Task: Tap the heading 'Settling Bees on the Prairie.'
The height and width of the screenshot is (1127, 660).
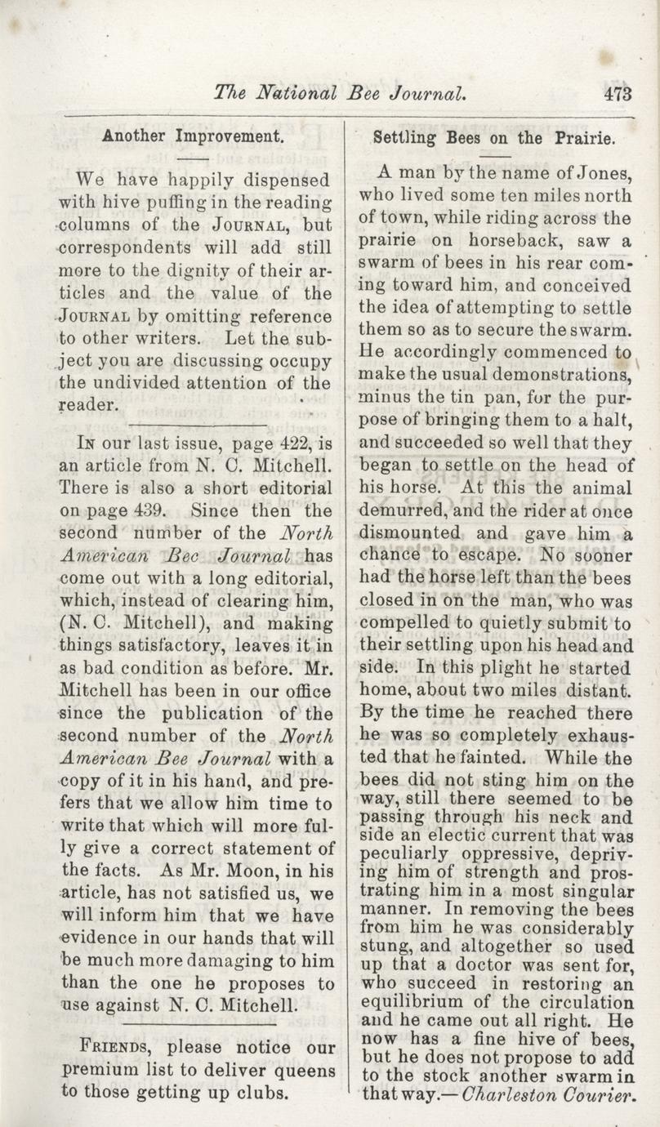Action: pyautogui.click(x=493, y=138)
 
